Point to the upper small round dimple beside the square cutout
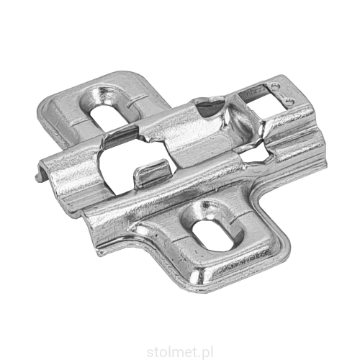pyautogui.click(x=275, y=86)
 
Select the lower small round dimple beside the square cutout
pyautogui.click(x=290, y=102)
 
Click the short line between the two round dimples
pyautogui.click(x=283, y=94)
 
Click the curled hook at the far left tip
pyautogui.click(x=40, y=172)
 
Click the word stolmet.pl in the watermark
pyautogui.click(x=179, y=352)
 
